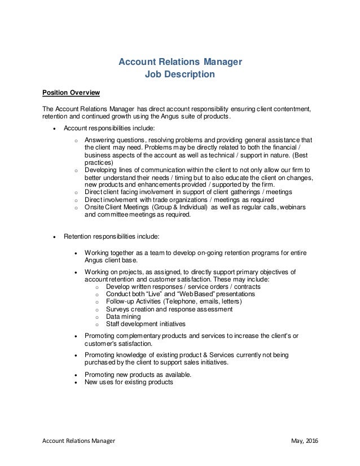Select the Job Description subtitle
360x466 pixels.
(179, 73)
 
